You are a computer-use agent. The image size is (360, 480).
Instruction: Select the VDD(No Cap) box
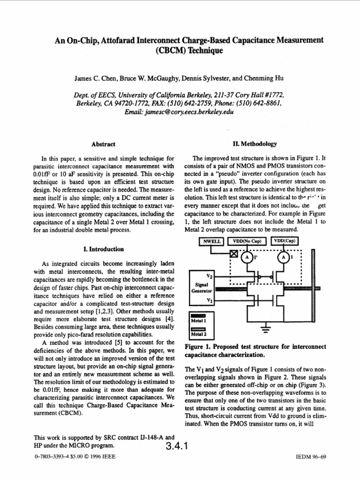point(247,242)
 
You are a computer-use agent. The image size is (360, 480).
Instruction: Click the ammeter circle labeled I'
point(245,257)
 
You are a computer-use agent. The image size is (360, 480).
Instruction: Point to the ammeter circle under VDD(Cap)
point(283,257)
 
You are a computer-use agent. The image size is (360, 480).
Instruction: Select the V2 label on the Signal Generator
point(210,277)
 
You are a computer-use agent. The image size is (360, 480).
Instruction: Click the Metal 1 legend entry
point(200,318)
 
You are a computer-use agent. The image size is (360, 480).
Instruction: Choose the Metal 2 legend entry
point(200,332)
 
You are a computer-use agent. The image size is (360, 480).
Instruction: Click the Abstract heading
point(105,144)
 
